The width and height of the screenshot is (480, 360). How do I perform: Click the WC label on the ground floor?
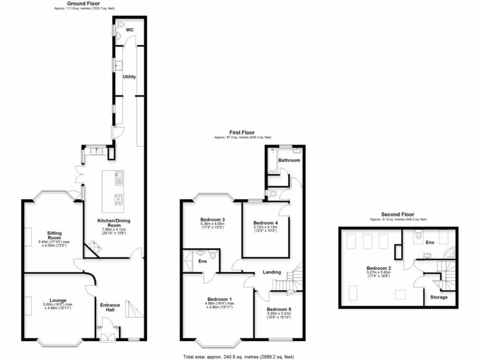coord(130,30)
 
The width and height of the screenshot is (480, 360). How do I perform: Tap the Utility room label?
coord(129,77)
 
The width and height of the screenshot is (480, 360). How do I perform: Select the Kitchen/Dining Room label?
coord(112,223)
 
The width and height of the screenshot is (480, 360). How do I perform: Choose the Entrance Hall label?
coord(110,308)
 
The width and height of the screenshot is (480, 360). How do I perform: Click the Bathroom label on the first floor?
coord(289,160)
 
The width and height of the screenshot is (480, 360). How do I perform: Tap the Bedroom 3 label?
coord(212,219)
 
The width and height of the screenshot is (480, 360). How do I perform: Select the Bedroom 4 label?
coord(265,223)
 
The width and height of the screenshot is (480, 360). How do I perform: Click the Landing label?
coord(272,272)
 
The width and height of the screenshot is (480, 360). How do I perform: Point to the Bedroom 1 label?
coord(220,299)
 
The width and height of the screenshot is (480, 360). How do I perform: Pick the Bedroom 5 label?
coord(279,309)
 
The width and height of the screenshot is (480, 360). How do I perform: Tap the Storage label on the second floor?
coord(439,297)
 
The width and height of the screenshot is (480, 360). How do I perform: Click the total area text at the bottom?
coord(239,357)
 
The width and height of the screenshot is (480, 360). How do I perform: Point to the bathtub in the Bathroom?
coord(273,159)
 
